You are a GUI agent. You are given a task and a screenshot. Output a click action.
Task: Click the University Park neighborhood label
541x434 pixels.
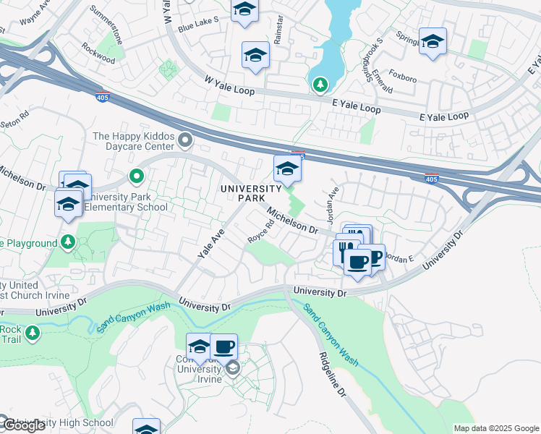251,193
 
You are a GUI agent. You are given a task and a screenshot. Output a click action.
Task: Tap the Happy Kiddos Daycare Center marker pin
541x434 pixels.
186,140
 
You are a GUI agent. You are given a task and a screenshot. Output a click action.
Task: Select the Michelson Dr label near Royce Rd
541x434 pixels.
292,219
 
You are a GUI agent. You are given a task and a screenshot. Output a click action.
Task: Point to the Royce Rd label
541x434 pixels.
261,231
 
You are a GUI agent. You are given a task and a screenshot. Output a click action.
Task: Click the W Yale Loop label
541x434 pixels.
231,85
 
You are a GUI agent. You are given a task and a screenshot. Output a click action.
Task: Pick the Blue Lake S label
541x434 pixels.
198,25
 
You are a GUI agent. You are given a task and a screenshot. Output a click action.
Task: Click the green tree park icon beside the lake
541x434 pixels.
319,85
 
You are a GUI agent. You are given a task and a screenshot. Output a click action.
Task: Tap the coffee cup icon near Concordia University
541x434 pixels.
224,346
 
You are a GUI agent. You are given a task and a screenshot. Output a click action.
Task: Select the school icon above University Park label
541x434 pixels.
287,169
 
